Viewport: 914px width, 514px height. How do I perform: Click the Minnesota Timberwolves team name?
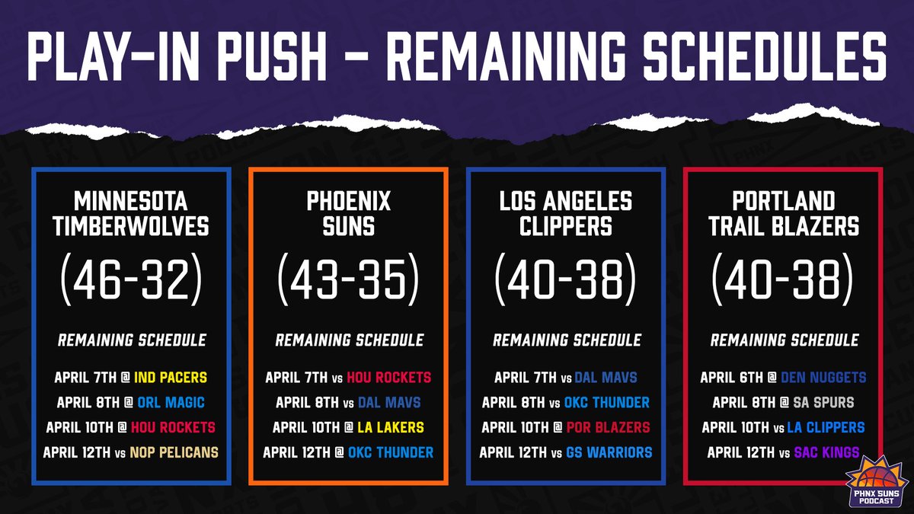point(131,214)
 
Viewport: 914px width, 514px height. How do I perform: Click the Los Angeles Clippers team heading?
point(566,214)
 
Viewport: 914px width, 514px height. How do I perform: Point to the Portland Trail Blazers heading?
point(784,214)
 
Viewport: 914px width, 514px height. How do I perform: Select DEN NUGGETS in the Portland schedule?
point(823,377)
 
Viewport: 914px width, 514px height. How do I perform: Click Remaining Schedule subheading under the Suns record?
point(349,340)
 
